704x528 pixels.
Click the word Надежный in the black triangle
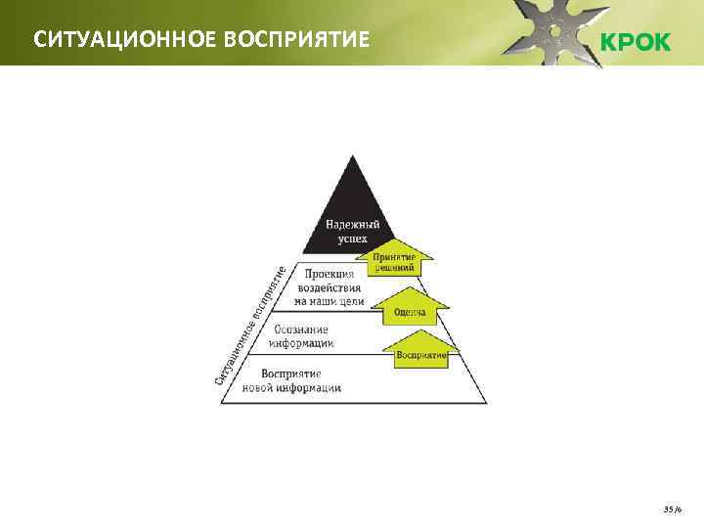click(354, 224)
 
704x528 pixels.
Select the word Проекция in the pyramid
click(329, 275)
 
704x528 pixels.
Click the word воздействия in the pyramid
click(330, 288)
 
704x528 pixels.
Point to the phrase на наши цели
click(329, 301)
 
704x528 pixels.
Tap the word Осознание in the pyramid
click(301, 330)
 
